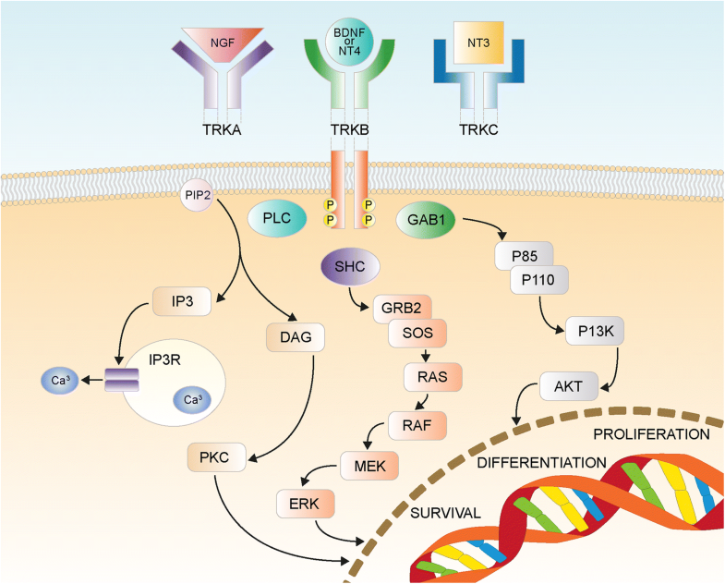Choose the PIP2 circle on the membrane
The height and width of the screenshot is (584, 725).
(198, 197)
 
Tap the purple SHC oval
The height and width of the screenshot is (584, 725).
(347, 268)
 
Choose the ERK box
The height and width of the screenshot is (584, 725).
(304, 504)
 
